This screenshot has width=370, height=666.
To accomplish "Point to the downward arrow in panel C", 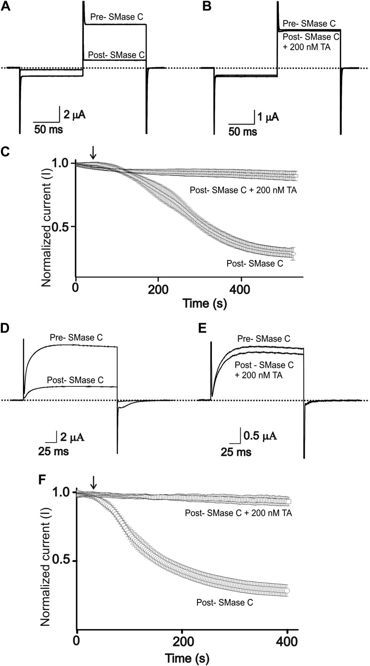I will click(93, 152).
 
